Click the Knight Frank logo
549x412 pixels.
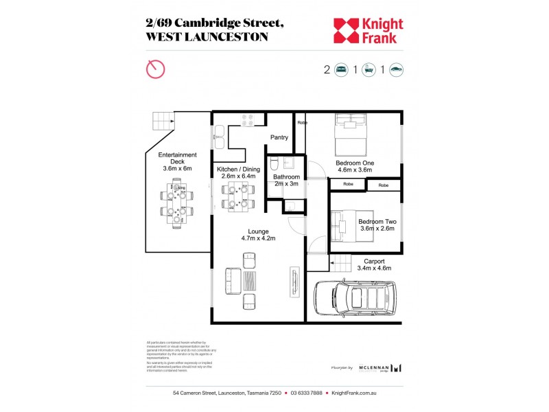tap(368, 30)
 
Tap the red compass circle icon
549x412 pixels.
tap(156, 69)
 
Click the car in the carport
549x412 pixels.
tap(358, 298)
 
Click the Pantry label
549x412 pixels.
tap(279, 137)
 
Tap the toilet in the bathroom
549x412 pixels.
tap(273, 165)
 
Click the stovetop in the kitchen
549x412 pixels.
tap(248, 119)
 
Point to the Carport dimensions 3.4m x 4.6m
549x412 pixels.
tap(374, 268)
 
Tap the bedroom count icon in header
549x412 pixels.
tap(341, 69)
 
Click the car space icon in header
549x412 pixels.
tap(396, 69)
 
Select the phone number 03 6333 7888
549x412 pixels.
tap(306, 393)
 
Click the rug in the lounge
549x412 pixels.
tap(250, 280)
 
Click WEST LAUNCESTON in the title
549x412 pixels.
tap(207, 37)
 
